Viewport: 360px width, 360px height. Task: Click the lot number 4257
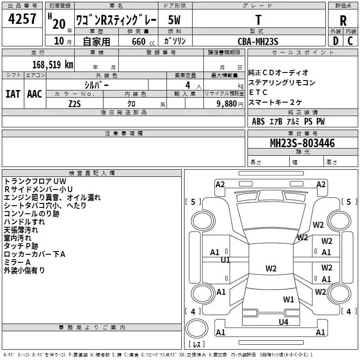pyautogui.click(x=22, y=19)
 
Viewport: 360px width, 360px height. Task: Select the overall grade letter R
pyautogui.click(x=343, y=21)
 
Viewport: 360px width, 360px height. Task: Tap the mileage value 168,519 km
pyautogui.click(x=53, y=65)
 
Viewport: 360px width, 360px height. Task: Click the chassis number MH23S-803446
pyautogui.click(x=302, y=143)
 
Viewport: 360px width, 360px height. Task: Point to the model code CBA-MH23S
pyautogui.click(x=258, y=41)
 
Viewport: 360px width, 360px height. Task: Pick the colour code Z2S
pyautogui.click(x=75, y=104)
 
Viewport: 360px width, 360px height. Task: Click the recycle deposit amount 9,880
pyautogui.click(x=227, y=104)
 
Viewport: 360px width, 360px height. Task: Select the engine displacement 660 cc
pyautogui.click(x=144, y=42)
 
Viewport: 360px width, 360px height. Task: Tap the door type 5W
pyautogui.click(x=174, y=20)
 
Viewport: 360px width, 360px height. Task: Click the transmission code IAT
pyautogui.click(x=13, y=94)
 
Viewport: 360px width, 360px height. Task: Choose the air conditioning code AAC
pyautogui.click(x=35, y=94)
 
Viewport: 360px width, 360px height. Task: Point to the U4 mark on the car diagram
pyautogui.click(x=283, y=322)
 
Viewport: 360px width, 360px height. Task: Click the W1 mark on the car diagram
pyautogui.click(x=288, y=300)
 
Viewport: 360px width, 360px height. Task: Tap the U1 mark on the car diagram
pyautogui.click(x=225, y=260)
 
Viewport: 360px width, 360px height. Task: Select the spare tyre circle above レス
pyautogui.click(x=197, y=328)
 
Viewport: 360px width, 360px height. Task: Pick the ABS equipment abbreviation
pyautogui.click(x=258, y=121)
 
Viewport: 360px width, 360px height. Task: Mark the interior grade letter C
pyautogui.click(x=350, y=41)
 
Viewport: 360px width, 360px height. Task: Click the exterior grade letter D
pyautogui.click(x=336, y=41)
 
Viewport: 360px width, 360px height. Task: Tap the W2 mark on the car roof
pyautogui.click(x=271, y=268)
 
